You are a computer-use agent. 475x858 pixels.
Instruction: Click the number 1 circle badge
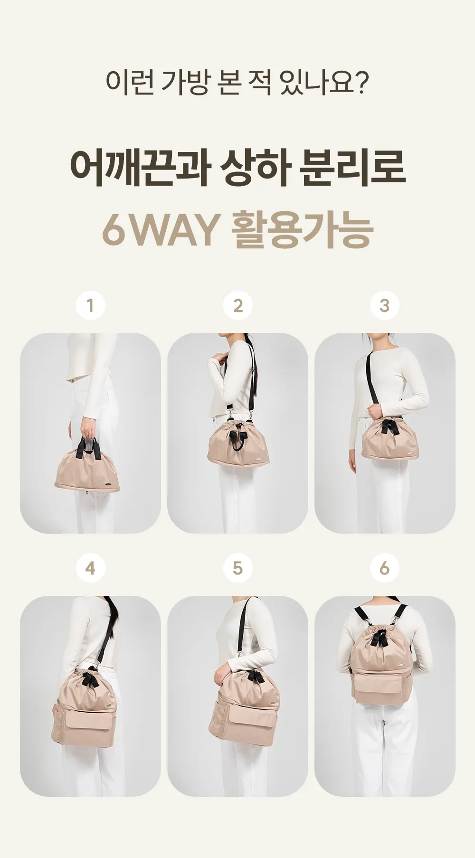point(90,305)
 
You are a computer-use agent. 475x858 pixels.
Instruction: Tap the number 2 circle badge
point(237,305)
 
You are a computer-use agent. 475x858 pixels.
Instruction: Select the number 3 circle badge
point(384,305)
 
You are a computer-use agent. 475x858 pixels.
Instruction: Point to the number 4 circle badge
point(90,568)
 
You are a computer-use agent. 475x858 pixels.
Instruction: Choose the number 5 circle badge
point(237,568)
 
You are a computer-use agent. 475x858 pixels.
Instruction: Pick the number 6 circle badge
point(384,568)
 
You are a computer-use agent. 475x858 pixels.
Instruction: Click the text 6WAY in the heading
point(159,230)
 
